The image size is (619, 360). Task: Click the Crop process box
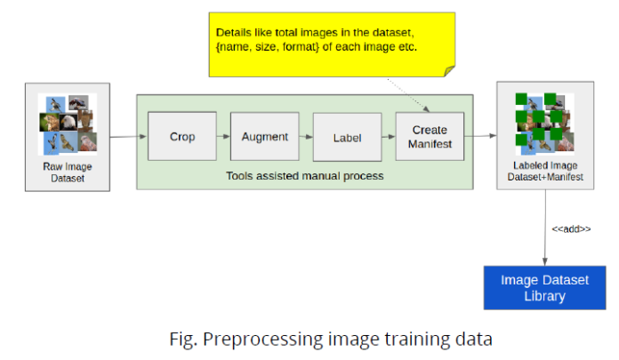click(182, 137)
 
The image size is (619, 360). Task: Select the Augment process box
click(264, 137)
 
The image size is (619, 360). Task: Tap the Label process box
click(346, 138)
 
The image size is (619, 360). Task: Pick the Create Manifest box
click(430, 136)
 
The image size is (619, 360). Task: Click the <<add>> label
click(571, 228)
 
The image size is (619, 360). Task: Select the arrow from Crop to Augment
click(223, 137)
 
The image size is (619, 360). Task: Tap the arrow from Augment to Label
click(305, 138)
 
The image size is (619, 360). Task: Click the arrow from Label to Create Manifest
click(389, 138)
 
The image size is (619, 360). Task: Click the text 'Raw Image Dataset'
click(68, 172)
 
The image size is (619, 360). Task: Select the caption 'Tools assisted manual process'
click(305, 176)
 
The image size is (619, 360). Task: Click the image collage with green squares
click(543, 124)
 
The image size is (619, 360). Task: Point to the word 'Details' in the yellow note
click(237, 31)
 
